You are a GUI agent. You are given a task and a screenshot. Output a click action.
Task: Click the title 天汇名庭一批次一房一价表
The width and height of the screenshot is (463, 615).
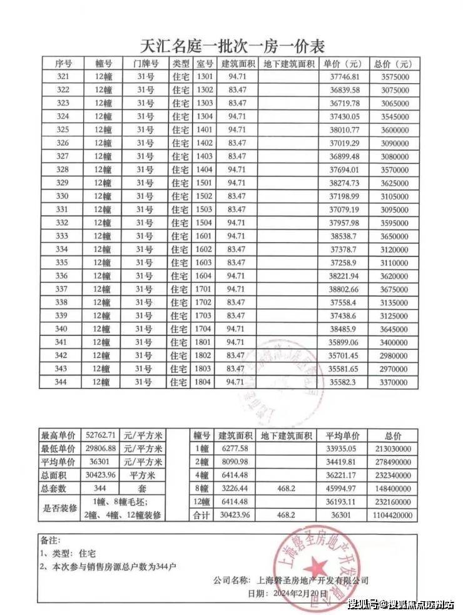tap(232, 45)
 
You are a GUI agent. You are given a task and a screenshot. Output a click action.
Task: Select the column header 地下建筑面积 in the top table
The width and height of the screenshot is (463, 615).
tap(288, 64)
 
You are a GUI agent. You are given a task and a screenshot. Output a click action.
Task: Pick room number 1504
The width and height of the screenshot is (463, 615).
tap(205, 223)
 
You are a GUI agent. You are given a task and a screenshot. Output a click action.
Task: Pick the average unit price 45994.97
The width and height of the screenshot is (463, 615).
tap(340, 489)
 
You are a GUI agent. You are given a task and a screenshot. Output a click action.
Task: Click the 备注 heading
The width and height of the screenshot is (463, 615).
tap(51, 539)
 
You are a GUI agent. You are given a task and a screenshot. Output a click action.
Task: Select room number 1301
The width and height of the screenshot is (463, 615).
tap(205, 77)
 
